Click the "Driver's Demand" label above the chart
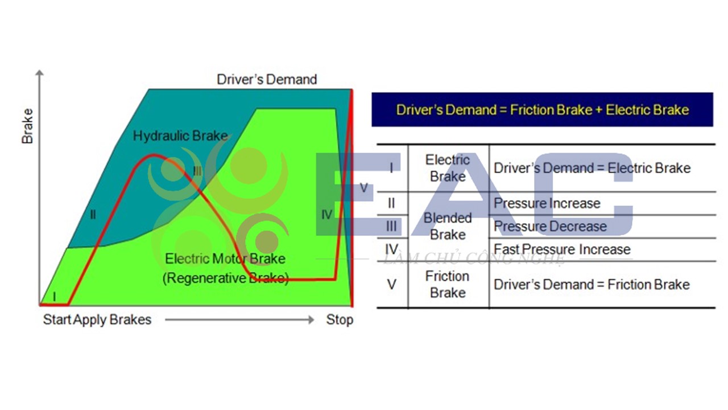click(x=267, y=79)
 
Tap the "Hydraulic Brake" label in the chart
click(x=180, y=136)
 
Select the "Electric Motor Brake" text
click(x=225, y=259)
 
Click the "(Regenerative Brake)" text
click(x=226, y=278)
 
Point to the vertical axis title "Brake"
click(x=27, y=126)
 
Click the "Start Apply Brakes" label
click(x=97, y=319)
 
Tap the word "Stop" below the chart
click(x=340, y=319)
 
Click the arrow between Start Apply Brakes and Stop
click(x=239, y=320)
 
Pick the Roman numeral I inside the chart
click(x=54, y=297)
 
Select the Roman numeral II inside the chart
click(x=93, y=215)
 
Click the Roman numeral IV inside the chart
click(x=326, y=215)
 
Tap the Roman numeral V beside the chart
click(x=363, y=188)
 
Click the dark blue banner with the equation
click(x=543, y=110)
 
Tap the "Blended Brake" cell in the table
click(x=448, y=226)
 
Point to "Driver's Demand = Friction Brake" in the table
click(x=592, y=285)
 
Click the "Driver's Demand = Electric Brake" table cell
click(x=592, y=168)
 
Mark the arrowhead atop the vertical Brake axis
click(x=40, y=72)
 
